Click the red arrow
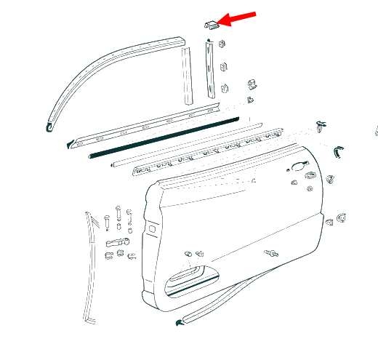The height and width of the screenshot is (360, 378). (238, 17)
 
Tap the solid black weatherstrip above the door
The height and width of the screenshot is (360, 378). (164, 136)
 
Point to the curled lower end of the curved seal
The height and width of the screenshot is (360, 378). (49, 129)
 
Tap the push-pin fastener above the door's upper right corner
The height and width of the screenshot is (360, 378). (323, 127)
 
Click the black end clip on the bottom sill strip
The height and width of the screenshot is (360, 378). (179, 321)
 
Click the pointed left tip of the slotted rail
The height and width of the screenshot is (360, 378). (69, 143)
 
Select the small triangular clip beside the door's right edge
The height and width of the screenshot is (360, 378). (338, 217)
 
